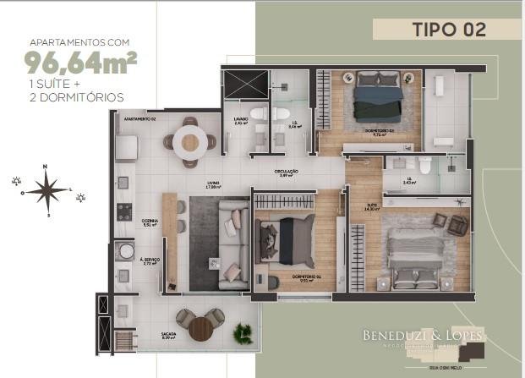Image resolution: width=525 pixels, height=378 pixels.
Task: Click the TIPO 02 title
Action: point(448,29)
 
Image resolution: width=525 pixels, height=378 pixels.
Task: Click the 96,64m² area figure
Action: point(81,63)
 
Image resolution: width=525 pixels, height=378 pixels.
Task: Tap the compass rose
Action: point(49,189)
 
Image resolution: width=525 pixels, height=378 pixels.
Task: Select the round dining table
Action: point(189,142)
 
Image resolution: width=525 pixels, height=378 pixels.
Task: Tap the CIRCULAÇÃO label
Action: point(286,173)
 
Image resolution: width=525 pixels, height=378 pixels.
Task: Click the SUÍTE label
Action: point(372,204)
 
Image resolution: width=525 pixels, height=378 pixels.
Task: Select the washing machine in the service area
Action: point(123,252)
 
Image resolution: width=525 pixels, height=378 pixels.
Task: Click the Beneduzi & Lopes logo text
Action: point(422,337)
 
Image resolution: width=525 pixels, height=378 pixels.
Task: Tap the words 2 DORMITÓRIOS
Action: point(75,97)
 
